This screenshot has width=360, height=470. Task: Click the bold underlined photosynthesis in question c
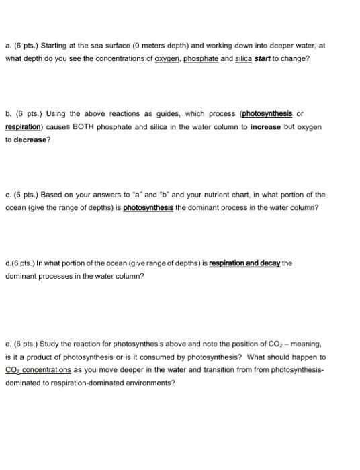pyautogui.click(x=148, y=207)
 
